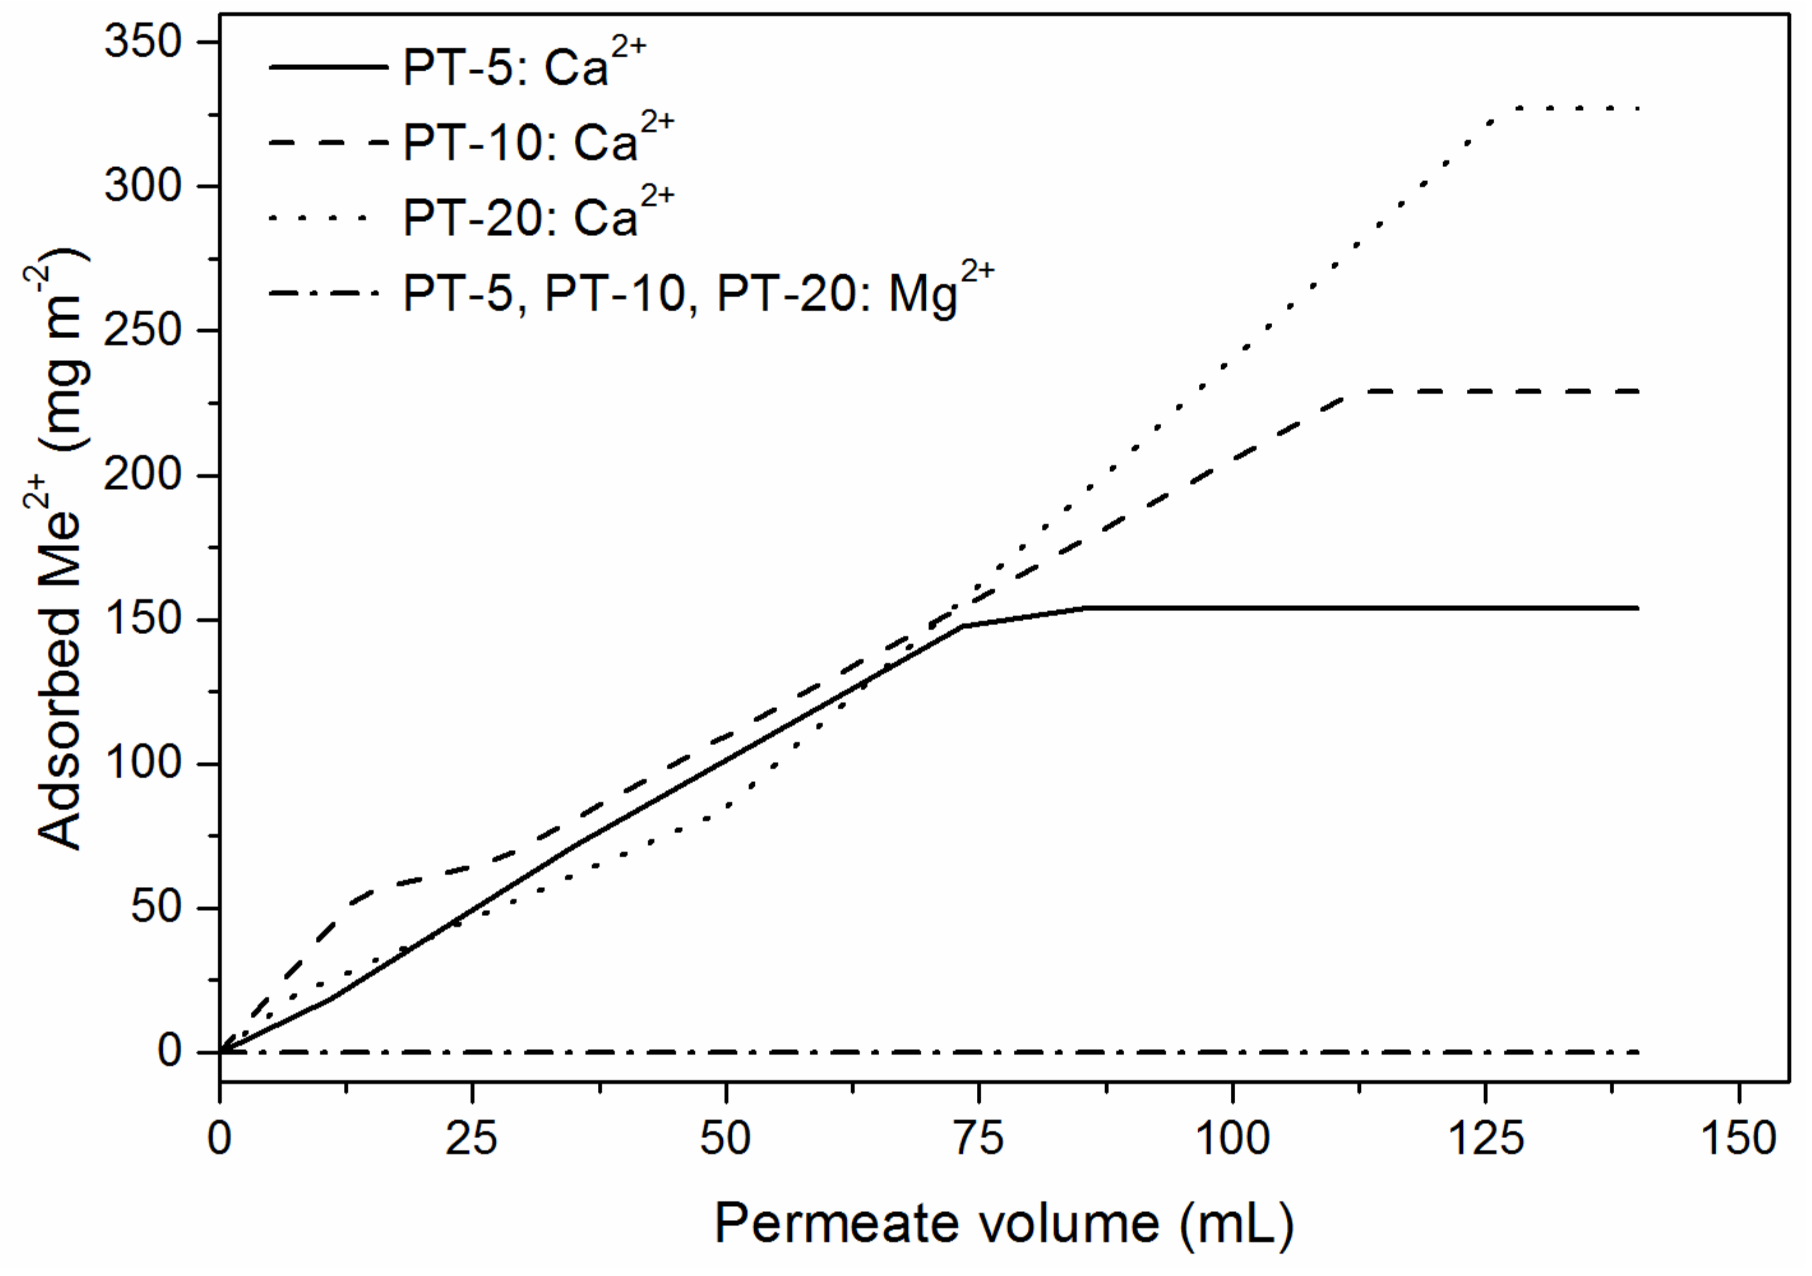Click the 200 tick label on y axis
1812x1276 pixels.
pos(143,475)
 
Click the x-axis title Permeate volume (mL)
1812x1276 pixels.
pos(1003,1224)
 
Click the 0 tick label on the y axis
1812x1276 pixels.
pos(170,1052)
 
